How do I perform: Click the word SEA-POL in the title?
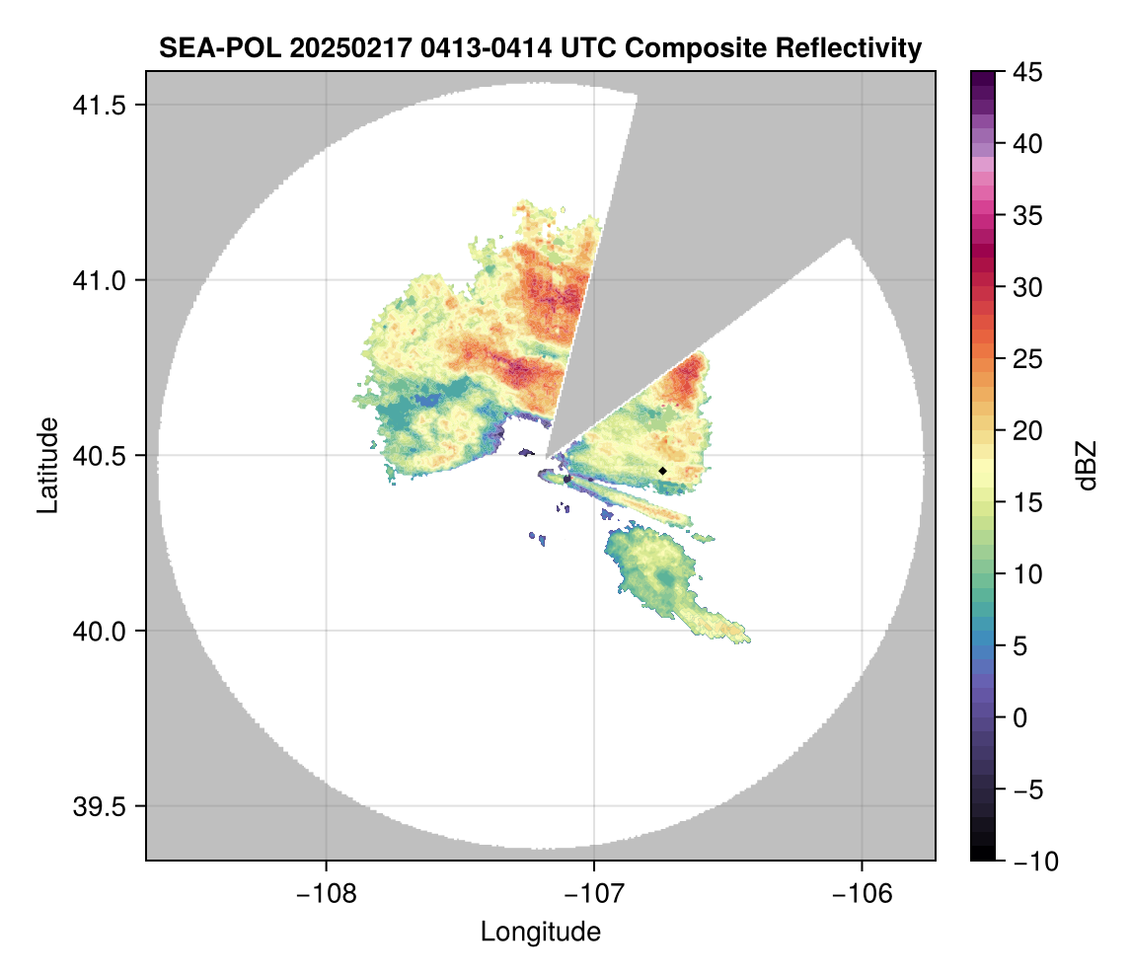point(207,47)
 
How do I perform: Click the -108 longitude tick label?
point(325,893)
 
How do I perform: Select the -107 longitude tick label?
point(594,893)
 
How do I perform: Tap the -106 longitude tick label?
point(863,893)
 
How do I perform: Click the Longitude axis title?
point(540,932)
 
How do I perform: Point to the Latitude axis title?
point(46,465)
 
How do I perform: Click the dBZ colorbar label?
point(1087,466)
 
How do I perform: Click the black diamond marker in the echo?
point(662,471)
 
